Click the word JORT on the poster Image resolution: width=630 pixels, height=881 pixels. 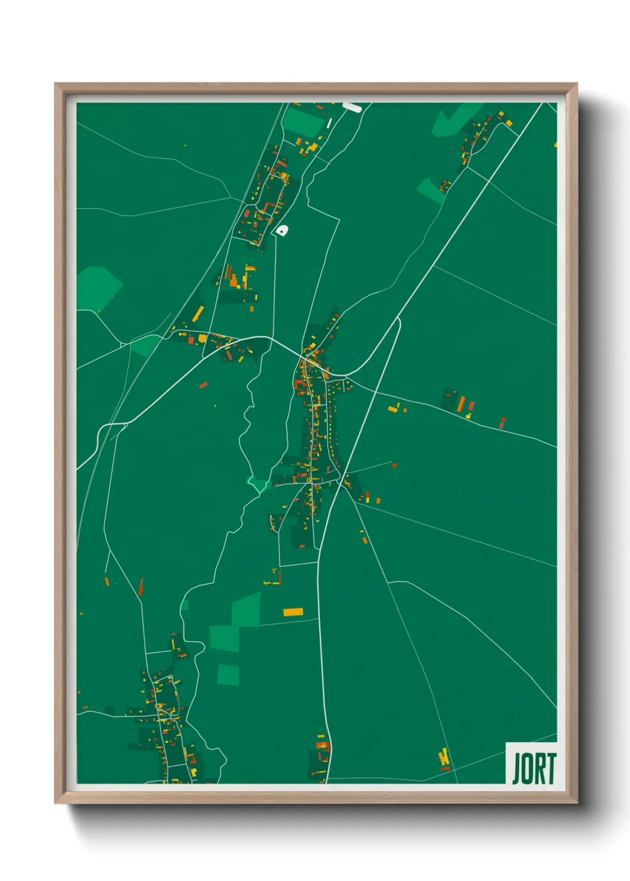[x=534, y=768]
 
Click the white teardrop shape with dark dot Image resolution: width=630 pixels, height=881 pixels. [x=281, y=230]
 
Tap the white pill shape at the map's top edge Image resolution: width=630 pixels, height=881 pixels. [x=352, y=107]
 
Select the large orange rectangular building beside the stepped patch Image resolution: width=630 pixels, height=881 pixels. [x=293, y=611]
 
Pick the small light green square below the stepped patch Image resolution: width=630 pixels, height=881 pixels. [x=228, y=674]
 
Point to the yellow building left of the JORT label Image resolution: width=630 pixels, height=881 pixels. [x=444, y=759]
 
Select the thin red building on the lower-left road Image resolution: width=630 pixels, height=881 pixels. [x=141, y=586]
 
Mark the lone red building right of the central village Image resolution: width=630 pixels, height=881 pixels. [x=394, y=465]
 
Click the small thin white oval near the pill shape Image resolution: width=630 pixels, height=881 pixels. [x=329, y=123]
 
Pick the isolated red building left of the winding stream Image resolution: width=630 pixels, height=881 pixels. [x=203, y=385]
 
